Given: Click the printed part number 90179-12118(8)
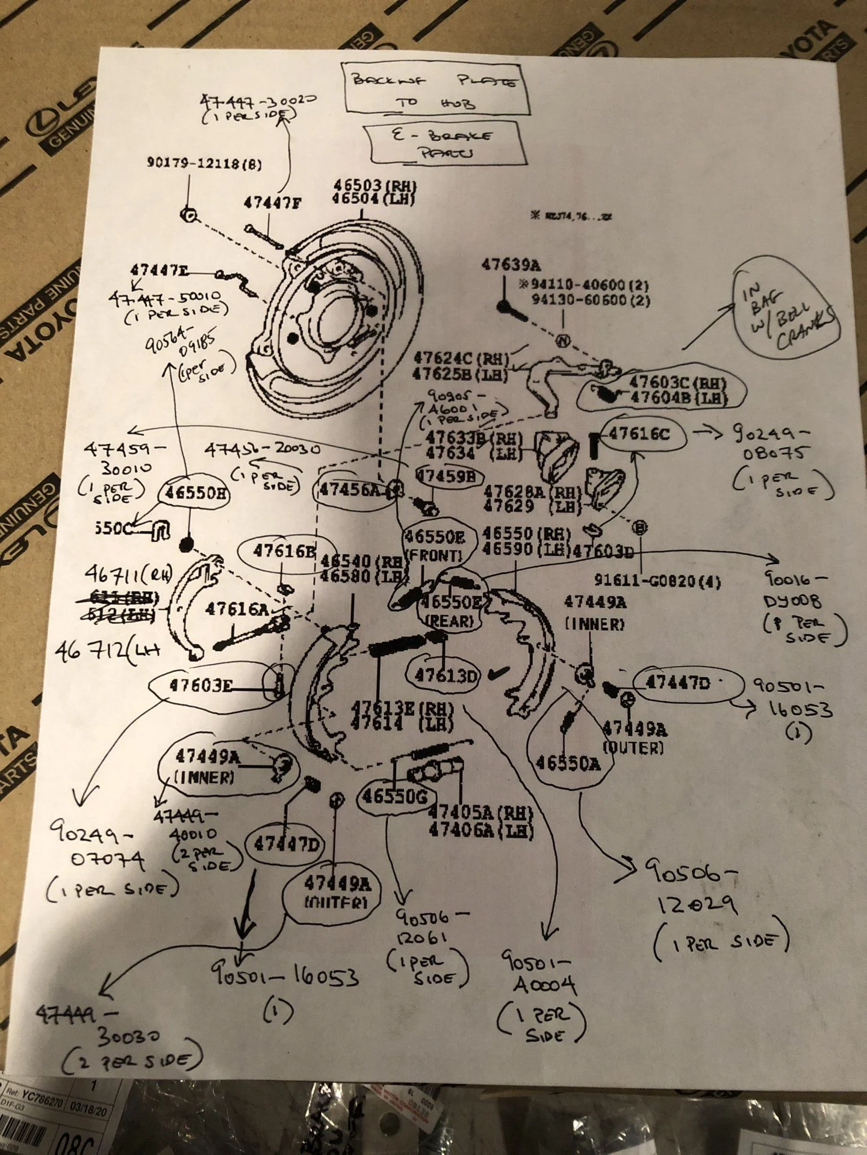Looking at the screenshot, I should (204, 162).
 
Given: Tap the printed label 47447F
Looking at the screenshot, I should (272, 203).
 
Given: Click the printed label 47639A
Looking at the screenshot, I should (511, 264).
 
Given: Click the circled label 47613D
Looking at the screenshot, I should (445, 676).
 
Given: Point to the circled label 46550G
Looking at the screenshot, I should (394, 796).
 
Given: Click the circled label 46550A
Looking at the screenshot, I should (568, 763).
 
